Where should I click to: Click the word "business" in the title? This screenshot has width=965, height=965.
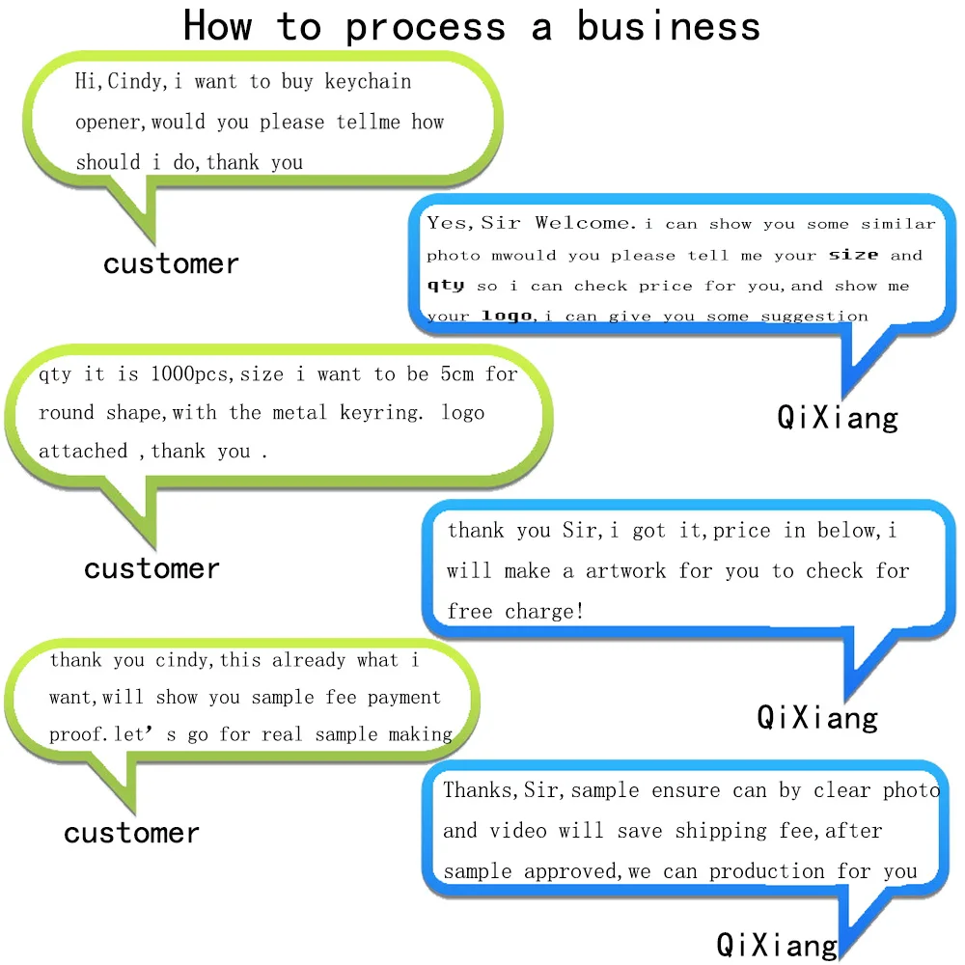tap(668, 26)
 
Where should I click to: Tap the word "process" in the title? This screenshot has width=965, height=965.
tap(426, 28)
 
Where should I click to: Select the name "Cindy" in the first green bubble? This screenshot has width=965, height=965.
tap(134, 81)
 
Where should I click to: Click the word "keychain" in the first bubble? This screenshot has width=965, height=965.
tap(368, 81)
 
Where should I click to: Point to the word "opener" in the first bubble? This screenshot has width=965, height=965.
tap(110, 123)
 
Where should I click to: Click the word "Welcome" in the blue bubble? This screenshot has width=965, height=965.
tap(584, 223)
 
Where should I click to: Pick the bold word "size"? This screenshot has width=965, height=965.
tap(854, 255)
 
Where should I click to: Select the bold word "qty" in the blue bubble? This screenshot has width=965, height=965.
tap(446, 286)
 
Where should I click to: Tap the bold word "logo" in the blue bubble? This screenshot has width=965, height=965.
tap(507, 316)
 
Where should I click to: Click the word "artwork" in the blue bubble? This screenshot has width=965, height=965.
tap(626, 570)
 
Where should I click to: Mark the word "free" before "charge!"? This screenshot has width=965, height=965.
tap(470, 611)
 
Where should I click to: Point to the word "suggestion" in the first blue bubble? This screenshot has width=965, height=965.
tap(814, 316)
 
